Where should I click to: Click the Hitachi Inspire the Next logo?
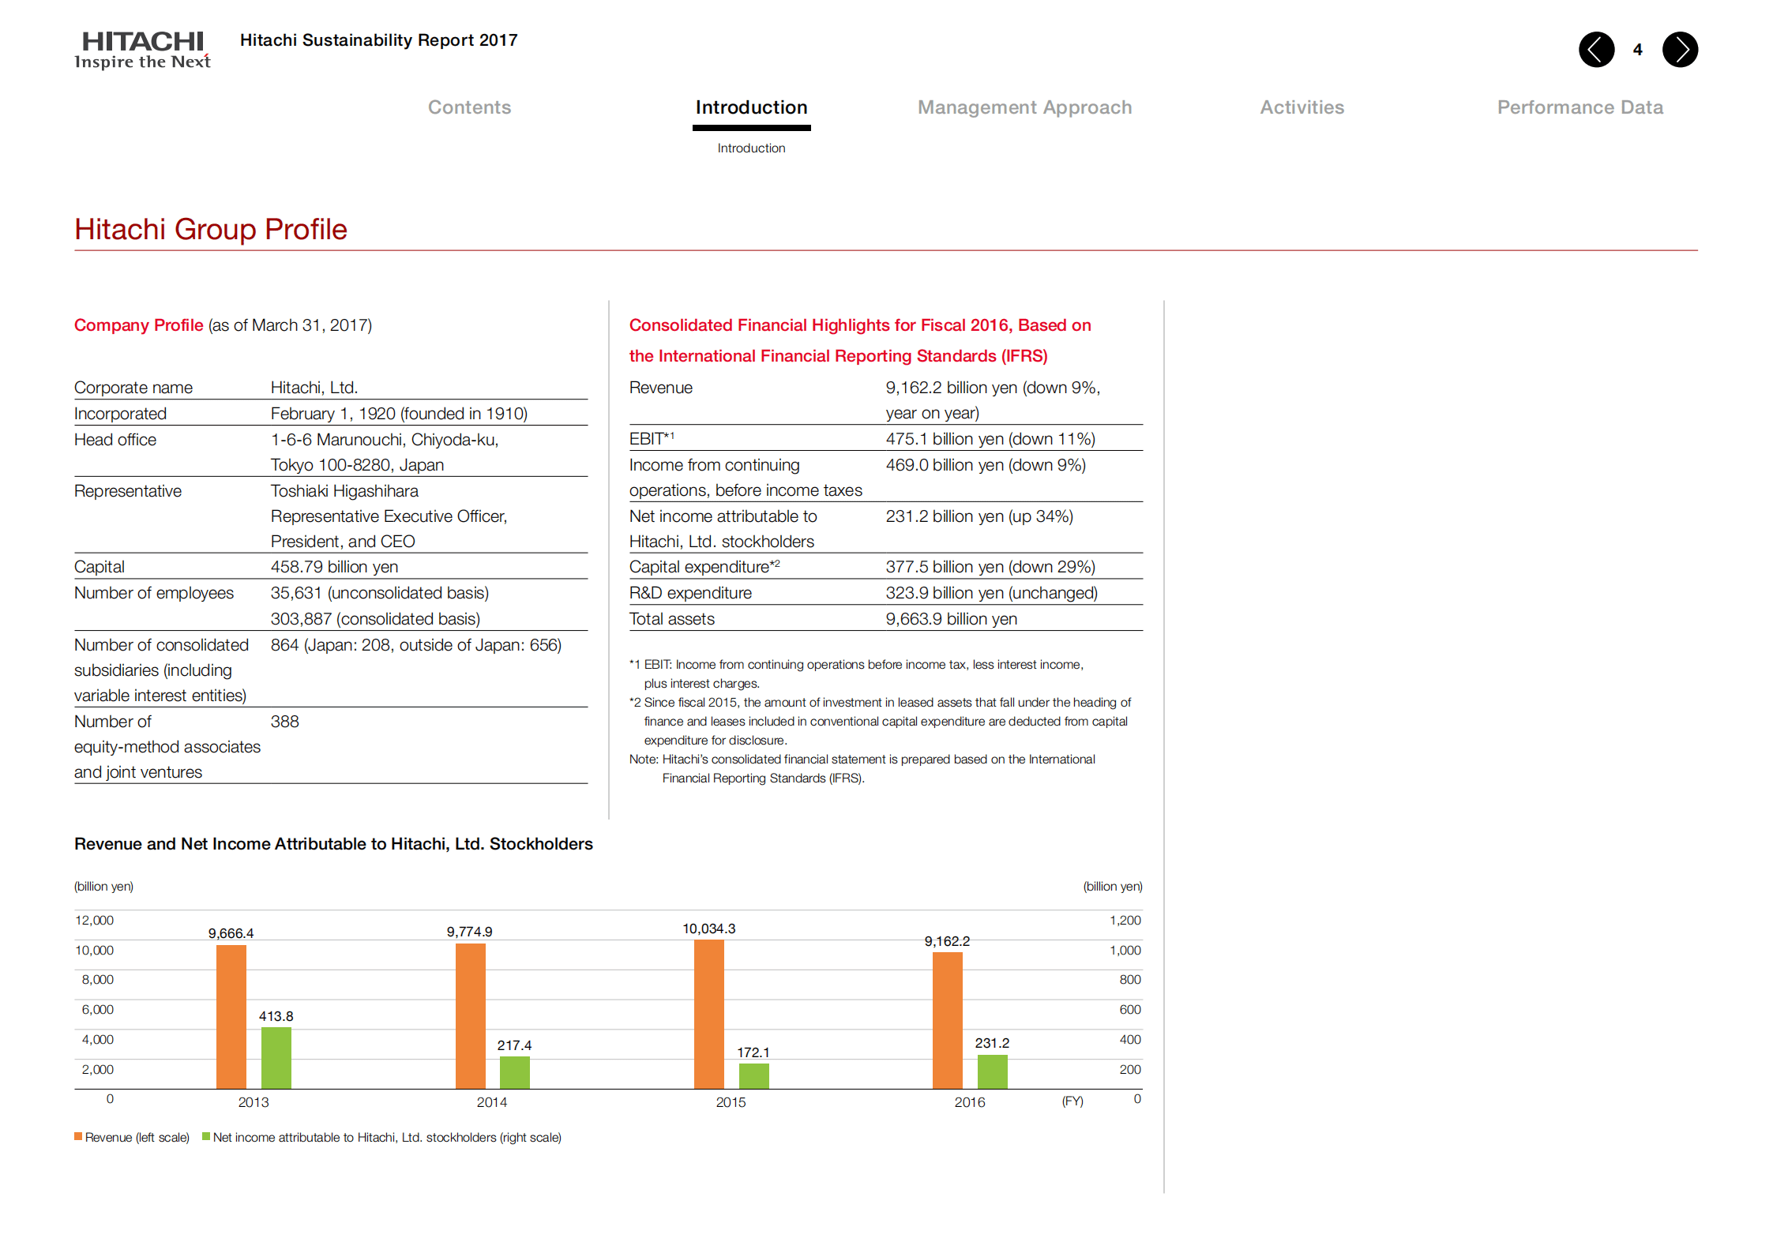point(143,50)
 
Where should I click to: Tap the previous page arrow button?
point(1596,50)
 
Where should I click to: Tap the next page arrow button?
point(1680,50)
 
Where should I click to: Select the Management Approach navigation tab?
point(1024,107)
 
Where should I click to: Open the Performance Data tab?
point(1580,107)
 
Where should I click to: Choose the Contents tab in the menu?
point(469,107)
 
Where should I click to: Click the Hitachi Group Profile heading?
point(211,229)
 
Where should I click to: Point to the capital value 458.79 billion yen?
point(334,567)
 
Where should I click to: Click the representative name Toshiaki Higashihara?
point(344,491)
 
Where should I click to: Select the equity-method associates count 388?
point(284,722)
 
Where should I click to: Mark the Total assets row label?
point(671,619)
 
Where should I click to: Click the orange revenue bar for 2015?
point(708,1015)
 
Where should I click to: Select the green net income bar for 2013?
point(276,1058)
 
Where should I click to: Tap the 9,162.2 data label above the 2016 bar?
point(947,941)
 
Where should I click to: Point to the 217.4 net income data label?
point(514,1045)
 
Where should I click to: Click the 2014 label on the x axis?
point(491,1102)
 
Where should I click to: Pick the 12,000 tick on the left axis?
point(94,921)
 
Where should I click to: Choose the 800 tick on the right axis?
point(1129,980)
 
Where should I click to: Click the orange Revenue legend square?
point(78,1137)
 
